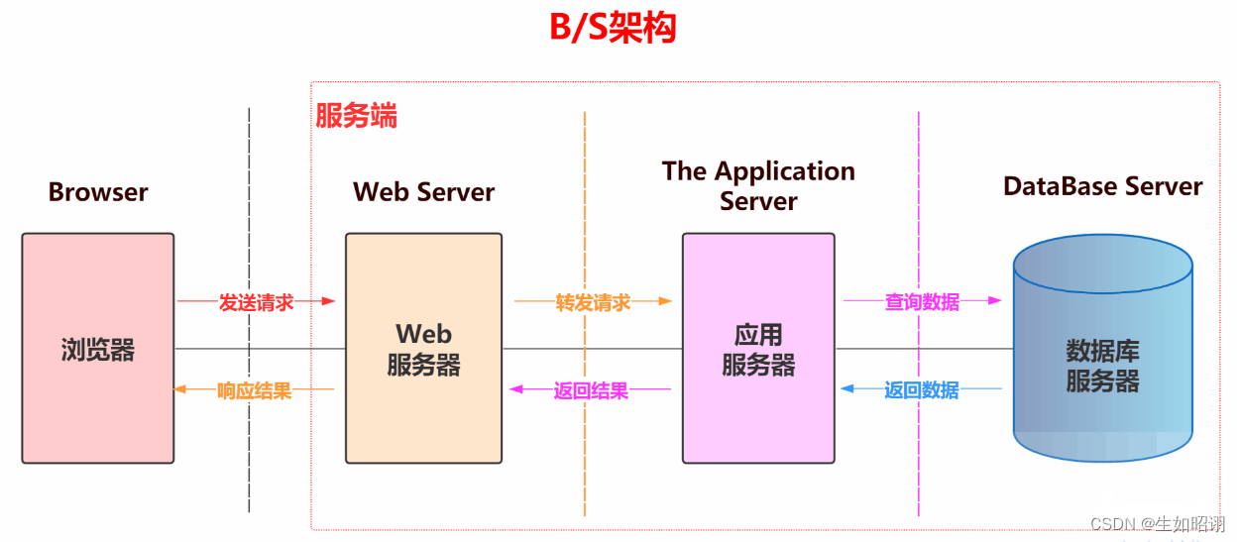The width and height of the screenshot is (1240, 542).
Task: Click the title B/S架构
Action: point(613,28)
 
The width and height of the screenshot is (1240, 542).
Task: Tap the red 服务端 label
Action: point(356,117)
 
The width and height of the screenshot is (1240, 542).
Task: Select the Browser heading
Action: point(98,192)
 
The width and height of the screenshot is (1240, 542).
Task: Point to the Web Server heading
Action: point(423,192)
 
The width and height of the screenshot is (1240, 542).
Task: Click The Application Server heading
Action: point(758,185)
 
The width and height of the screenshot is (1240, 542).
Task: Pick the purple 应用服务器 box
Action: point(758,406)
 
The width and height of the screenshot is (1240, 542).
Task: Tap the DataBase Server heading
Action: point(1102,186)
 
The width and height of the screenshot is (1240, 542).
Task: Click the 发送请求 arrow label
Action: point(256,302)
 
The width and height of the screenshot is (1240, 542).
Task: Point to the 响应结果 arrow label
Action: point(255,390)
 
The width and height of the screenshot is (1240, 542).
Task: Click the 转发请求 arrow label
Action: point(593,302)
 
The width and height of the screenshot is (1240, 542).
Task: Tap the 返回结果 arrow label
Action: point(591,390)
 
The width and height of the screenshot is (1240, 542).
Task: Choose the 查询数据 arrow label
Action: point(922,301)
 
